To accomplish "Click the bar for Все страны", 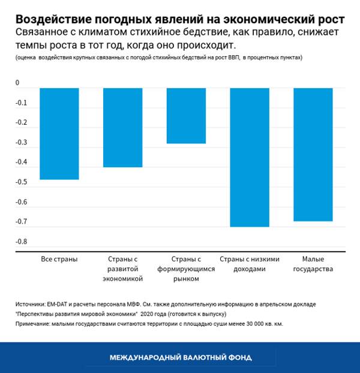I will pos(59,134).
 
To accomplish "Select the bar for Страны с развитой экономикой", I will pos(123,127).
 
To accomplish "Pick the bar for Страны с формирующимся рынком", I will pos(186,116).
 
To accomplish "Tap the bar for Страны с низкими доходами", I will pos(250,157).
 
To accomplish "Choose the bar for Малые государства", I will pos(313,154).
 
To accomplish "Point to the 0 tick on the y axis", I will pos(17,83).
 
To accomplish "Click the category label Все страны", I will pos(59,259).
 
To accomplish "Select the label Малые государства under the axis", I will pos(313,264).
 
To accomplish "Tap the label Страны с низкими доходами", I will pos(250,264).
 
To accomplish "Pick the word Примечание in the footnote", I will pos(34,324).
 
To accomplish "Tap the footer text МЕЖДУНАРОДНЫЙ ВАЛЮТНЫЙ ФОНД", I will pos(180,357).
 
